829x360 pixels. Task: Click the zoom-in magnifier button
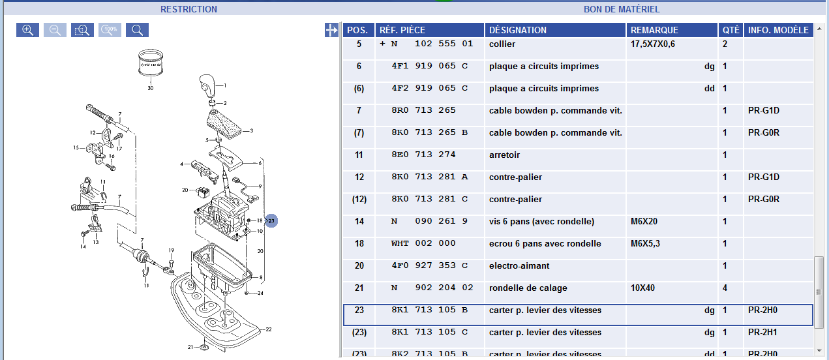pyautogui.click(x=27, y=30)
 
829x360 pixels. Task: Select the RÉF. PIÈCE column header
pyautogui.click(x=402, y=30)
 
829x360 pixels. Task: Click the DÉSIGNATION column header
pyautogui.click(x=518, y=30)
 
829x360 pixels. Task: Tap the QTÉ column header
pyautogui.click(x=731, y=30)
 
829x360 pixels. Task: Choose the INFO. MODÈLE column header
pyautogui.click(x=778, y=30)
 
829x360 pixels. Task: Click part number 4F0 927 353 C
pyautogui.click(x=429, y=266)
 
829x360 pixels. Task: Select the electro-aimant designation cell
pyautogui.click(x=519, y=266)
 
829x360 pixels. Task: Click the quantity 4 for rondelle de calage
pyautogui.click(x=725, y=288)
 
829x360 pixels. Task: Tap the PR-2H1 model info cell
pyautogui.click(x=762, y=333)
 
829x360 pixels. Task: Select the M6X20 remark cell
pyautogui.click(x=645, y=222)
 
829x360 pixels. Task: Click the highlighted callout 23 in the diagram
pyautogui.click(x=271, y=221)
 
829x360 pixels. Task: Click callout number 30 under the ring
pyautogui.click(x=151, y=87)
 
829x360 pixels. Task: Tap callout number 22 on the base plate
pyautogui.click(x=268, y=329)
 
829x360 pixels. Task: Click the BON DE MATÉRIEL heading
pyautogui.click(x=622, y=9)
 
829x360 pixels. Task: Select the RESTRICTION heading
pyautogui.click(x=188, y=9)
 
